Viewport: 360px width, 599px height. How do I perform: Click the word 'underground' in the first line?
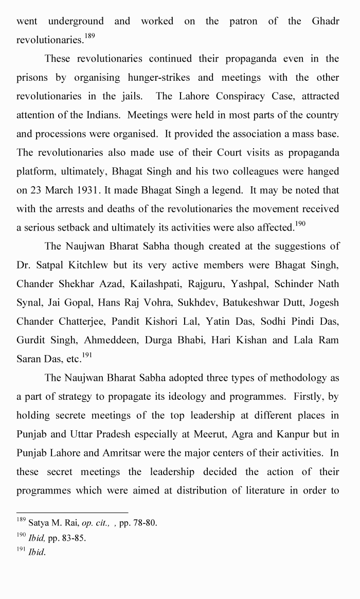coord(76,21)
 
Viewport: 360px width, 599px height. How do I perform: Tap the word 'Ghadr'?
coord(325,21)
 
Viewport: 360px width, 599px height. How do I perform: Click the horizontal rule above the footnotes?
coord(72,513)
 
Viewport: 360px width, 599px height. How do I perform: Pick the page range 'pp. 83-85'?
coord(67,538)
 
